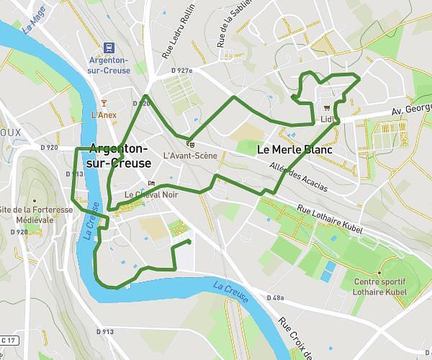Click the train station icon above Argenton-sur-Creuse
pyautogui.click(x=109, y=48)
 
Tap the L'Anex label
pyautogui.click(x=104, y=114)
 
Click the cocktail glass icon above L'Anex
pyautogui.click(x=104, y=102)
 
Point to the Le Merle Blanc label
pyautogui.click(x=294, y=150)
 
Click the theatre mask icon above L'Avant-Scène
pyautogui.click(x=190, y=142)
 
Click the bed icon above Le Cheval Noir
pyautogui.click(x=151, y=183)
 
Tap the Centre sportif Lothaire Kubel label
pyautogui.click(x=380, y=287)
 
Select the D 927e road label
pyautogui.click(x=183, y=71)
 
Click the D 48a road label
pyautogui.click(x=276, y=297)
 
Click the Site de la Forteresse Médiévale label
pyautogui.click(x=35, y=215)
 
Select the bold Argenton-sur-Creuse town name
pyautogui.click(x=120, y=156)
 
